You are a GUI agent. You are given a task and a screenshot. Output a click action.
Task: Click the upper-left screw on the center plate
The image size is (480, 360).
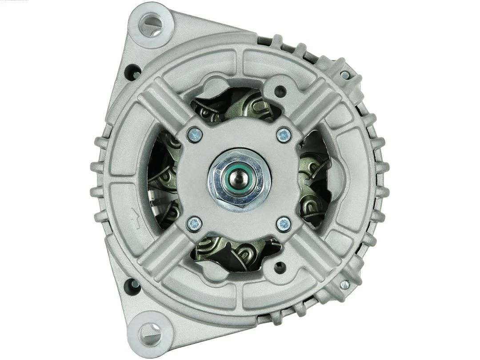click(x=195, y=134)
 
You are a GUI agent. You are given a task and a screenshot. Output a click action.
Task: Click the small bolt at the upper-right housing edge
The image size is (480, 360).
click(x=345, y=75)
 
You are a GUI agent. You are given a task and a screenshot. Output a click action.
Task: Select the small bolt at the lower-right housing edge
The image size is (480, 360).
click(x=345, y=284)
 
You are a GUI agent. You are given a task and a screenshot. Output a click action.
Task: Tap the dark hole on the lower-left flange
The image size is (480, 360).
click(x=132, y=284)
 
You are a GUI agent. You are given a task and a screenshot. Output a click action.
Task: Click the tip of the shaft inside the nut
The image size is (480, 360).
click(x=240, y=179)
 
